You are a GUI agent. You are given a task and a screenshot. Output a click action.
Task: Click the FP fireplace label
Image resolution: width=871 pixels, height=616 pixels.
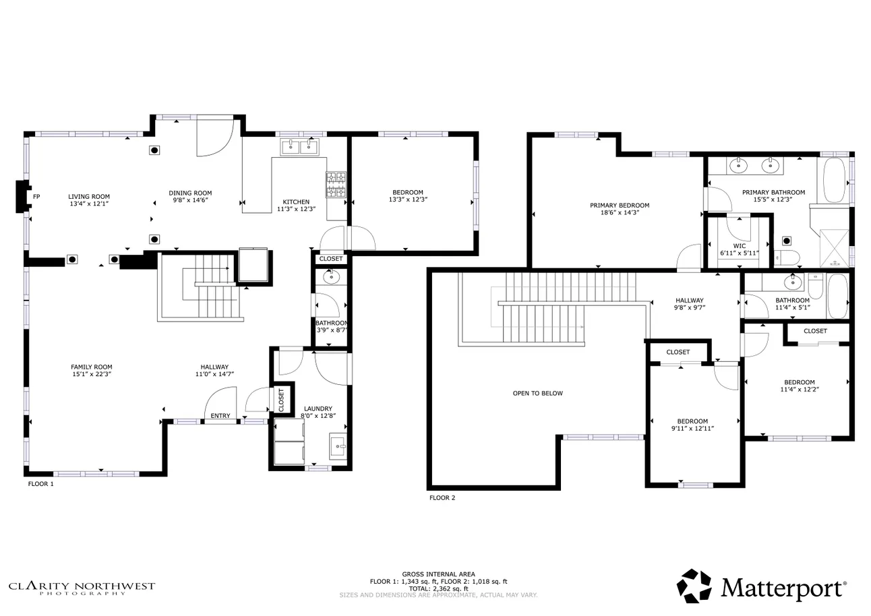click(36, 197)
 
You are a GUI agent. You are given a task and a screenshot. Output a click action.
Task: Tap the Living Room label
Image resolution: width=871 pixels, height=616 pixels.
click(88, 196)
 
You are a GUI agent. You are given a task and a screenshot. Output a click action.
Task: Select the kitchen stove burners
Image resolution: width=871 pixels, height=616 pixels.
click(336, 185)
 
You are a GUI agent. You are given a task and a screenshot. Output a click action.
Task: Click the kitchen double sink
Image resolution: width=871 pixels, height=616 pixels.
click(299, 146)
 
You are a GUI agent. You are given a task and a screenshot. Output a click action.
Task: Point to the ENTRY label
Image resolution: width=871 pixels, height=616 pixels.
click(220, 416)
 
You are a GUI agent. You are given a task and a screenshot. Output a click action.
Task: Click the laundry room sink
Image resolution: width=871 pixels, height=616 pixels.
click(338, 444)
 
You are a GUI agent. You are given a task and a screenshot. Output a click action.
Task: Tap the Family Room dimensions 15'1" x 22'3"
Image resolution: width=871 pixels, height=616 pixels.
click(91, 374)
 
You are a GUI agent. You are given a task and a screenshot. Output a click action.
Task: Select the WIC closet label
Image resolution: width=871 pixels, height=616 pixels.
click(740, 246)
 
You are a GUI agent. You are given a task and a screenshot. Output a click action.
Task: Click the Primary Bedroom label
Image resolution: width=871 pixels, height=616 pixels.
click(619, 206)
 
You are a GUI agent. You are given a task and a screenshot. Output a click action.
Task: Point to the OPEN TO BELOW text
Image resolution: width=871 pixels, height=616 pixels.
click(537, 393)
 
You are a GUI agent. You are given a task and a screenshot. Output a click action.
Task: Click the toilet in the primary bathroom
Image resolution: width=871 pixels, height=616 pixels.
click(786, 257)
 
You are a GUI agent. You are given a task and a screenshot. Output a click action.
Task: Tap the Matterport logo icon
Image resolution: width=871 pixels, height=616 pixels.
click(694, 586)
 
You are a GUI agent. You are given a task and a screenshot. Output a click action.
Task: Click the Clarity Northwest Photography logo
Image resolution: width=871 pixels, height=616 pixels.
click(82, 588)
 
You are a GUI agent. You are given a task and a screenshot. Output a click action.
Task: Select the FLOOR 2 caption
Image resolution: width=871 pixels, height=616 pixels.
click(442, 498)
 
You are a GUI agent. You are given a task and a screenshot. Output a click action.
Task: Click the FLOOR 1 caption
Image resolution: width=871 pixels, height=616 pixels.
click(40, 484)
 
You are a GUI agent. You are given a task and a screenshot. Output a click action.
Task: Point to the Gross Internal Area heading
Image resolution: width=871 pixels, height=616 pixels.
click(438, 574)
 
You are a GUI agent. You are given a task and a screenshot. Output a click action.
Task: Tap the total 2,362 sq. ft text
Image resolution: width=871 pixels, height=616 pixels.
click(438, 588)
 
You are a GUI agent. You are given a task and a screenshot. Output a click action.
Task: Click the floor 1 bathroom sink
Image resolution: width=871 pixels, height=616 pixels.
click(331, 276)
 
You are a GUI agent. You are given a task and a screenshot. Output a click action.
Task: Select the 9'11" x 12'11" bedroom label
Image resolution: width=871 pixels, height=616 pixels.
click(692, 425)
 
